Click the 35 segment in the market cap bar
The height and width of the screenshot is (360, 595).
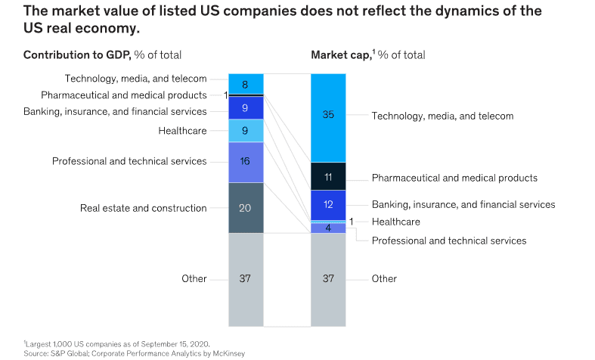[x=328, y=118]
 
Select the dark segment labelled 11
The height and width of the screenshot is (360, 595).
[x=328, y=176]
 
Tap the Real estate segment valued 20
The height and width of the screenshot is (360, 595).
[x=246, y=208]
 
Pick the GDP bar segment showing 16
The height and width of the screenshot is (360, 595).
[x=246, y=162]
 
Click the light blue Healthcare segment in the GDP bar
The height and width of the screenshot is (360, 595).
[x=246, y=131]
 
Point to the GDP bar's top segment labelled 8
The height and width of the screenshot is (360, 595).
[x=246, y=83]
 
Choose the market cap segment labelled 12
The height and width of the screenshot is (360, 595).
[x=328, y=205]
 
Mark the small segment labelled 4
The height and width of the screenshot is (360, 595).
[x=328, y=228]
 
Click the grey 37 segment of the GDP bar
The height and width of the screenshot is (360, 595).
[x=246, y=280]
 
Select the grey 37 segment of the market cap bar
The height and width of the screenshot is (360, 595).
[x=328, y=280]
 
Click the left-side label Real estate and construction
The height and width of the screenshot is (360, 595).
[x=144, y=208]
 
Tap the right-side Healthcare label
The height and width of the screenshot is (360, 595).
[x=395, y=222]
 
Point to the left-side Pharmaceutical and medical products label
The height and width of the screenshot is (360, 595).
[x=124, y=95]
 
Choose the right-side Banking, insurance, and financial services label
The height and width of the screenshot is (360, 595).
[x=463, y=205]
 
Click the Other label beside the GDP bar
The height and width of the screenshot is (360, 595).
[x=194, y=279]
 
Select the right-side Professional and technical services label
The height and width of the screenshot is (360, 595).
[x=449, y=241]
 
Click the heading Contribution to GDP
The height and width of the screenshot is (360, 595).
[x=77, y=55]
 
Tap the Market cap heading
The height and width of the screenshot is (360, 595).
[x=340, y=55]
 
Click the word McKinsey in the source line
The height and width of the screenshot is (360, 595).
[x=228, y=353]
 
